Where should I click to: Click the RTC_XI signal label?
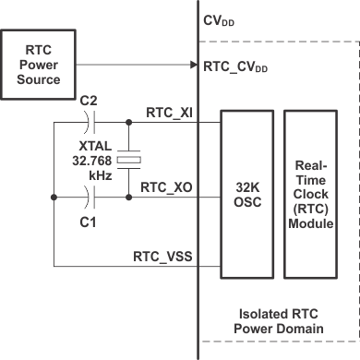click(168, 112)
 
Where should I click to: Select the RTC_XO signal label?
click(166, 186)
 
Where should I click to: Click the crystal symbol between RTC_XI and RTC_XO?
click(132, 160)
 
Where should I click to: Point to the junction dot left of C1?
click(55, 197)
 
